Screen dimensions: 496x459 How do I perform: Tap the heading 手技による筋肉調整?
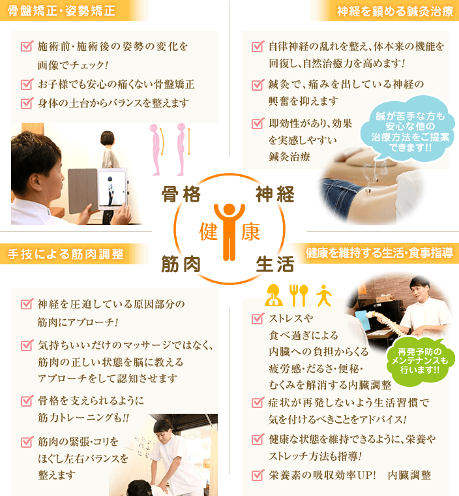[65, 254]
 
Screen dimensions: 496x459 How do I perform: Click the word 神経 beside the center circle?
[274, 194]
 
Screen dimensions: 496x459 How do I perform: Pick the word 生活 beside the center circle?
[274, 264]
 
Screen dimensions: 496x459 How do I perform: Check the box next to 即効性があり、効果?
[258, 123]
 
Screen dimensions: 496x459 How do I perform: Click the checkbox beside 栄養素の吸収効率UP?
[258, 474]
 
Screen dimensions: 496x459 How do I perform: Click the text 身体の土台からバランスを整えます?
[113, 102]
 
